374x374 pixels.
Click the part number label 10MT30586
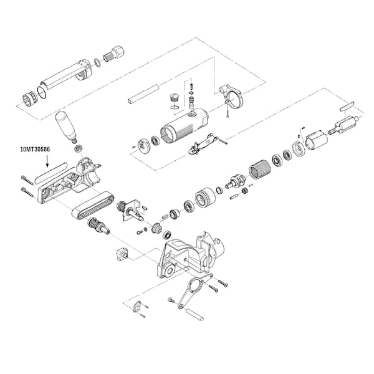[35, 150]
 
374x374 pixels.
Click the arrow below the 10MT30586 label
[47, 161]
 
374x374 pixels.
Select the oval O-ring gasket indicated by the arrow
[51, 172]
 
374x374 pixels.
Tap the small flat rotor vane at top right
[347, 106]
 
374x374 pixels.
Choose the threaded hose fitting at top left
[114, 54]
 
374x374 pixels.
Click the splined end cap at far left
[31, 98]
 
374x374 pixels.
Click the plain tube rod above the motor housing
[143, 94]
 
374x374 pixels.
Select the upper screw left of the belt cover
[27, 180]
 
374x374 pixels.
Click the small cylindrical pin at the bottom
[194, 314]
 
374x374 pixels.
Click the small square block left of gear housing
[123, 254]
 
